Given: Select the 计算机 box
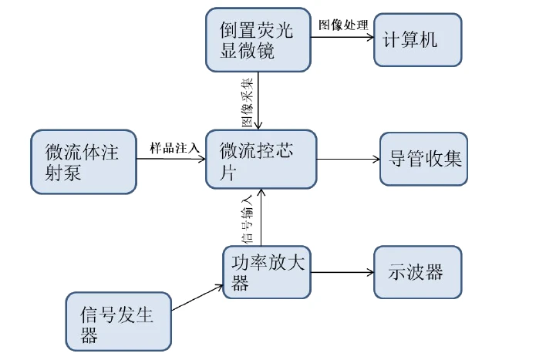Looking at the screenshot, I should [x=418, y=39].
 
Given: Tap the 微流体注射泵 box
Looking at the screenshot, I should [x=83, y=160].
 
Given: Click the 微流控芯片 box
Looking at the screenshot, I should [x=261, y=159].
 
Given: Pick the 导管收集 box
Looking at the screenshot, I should [x=423, y=160].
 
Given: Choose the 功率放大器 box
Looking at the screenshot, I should [x=267, y=271].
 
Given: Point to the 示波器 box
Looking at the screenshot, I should [x=417, y=272].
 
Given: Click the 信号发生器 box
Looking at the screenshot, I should [x=118, y=322].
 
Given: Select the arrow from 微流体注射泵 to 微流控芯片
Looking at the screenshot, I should [x=171, y=160].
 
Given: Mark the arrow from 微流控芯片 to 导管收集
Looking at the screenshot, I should [x=348, y=160].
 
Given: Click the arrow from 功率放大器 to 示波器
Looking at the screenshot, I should [x=342, y=272].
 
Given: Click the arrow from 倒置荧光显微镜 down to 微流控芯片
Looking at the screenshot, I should [x=261, y=100].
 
